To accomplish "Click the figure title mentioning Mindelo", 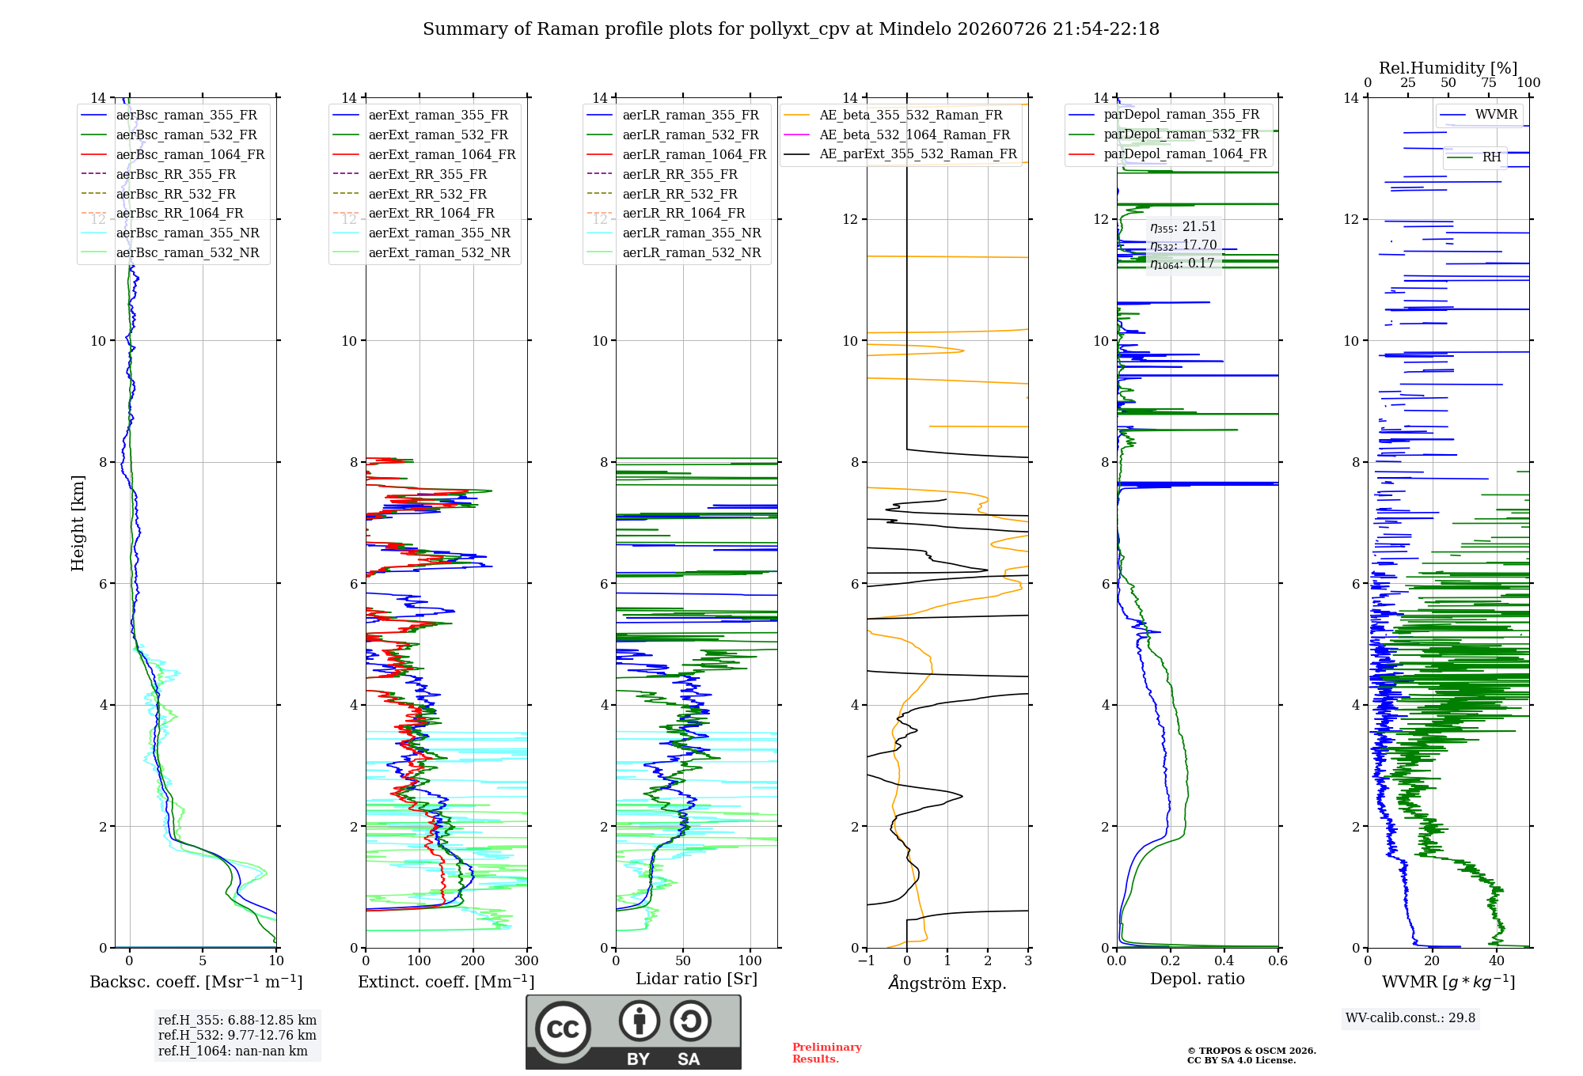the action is point(791,29).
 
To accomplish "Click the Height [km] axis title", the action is point(78,523).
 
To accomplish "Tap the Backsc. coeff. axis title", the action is point(196,981).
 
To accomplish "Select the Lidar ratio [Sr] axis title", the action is point(697,979).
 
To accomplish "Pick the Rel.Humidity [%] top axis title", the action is point(1448,68).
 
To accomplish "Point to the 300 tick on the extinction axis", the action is point(526,960).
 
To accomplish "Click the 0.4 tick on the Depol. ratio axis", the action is point(1224,960).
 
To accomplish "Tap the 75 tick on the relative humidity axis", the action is point(1489,83).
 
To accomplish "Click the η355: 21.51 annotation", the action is point(1183,227).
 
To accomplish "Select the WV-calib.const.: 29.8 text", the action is point(1410,1017).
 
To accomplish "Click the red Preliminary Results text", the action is point(827,1053).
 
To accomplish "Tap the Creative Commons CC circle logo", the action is point(563,1029).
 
